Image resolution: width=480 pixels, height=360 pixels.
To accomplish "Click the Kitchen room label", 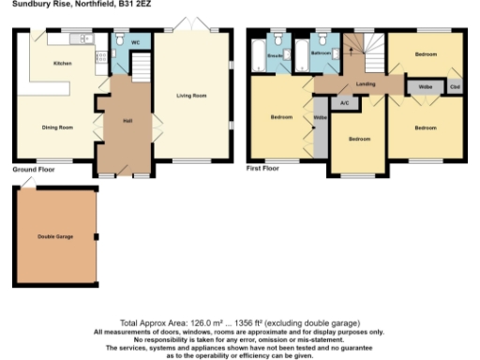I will tap(61, 63).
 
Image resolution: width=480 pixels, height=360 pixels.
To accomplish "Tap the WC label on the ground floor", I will tap(135, 43).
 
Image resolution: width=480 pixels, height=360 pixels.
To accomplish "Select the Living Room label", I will tap(191, 97).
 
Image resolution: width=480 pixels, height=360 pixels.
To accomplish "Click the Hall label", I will tap(127, 120).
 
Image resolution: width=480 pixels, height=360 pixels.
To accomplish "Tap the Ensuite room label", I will tap(275, 55).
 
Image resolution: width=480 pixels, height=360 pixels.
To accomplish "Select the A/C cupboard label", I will tap(344, 101).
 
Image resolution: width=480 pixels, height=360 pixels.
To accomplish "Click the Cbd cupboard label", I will tap(455, 88).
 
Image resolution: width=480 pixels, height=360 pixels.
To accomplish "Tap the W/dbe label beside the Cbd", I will tap(425, 88).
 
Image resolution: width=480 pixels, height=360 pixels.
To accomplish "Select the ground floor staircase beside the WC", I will tap(140, 67).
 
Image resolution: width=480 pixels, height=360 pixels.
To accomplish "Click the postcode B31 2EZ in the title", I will tap(133, 4).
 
